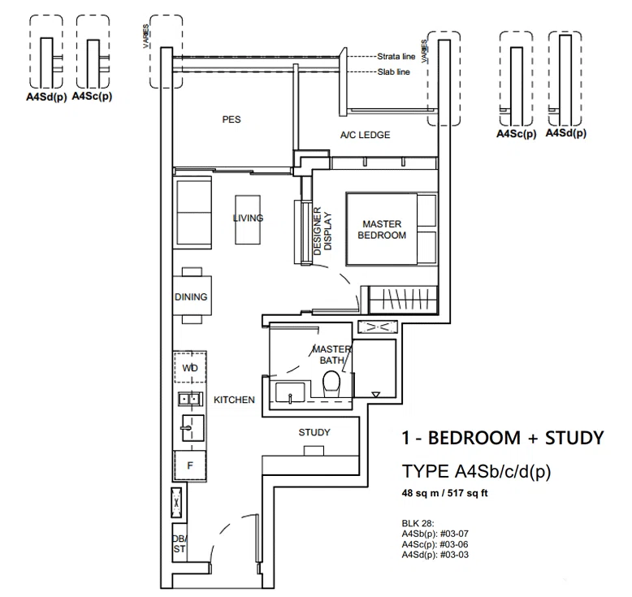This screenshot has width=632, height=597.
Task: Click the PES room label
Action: click(232, 119)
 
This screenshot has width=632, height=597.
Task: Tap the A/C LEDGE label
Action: click(366, 135)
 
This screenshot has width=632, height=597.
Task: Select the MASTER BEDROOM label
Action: click(382, 229)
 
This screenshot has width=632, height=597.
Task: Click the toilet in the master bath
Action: click(332, 382)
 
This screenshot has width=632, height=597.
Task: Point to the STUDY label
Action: click(314, 432)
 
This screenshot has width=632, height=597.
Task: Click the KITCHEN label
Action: click(234, 400)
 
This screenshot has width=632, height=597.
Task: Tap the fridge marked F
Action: click(190, 465)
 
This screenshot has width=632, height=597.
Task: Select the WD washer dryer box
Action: click(190, 367)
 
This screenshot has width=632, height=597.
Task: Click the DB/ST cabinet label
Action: click(180, 543)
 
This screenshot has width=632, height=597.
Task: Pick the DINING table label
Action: click(191, 296)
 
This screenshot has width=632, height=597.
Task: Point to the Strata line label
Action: click(396, 56)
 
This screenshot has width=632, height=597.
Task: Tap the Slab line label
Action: click(394, 71)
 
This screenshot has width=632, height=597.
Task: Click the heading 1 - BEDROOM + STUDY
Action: click(503, 438)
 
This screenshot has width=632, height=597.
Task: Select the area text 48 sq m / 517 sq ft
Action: click(445, 493)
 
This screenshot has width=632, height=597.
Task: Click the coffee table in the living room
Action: click(248, 219)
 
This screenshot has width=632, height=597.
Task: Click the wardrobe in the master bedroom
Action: click(403, 300)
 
